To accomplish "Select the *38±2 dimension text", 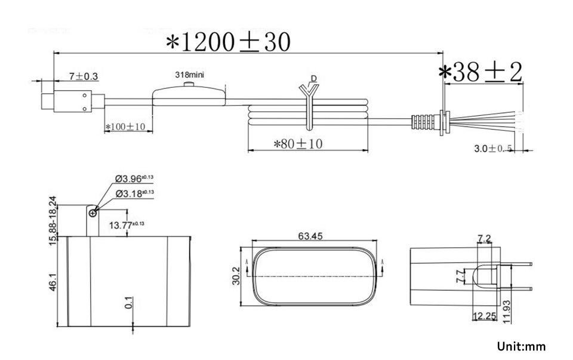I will pos(480,72).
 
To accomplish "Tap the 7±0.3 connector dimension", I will pos(84,76).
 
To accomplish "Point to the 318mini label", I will pos(190,75).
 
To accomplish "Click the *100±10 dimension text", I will pos(125,127).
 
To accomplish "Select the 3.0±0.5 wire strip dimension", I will pos(493,149).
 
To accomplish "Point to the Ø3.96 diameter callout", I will pos(134,179).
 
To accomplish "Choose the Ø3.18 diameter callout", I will pos(134,193).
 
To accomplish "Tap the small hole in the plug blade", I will pos(92,211).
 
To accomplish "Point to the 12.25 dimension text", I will pos(485,315).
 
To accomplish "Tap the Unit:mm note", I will pos(520,346).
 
